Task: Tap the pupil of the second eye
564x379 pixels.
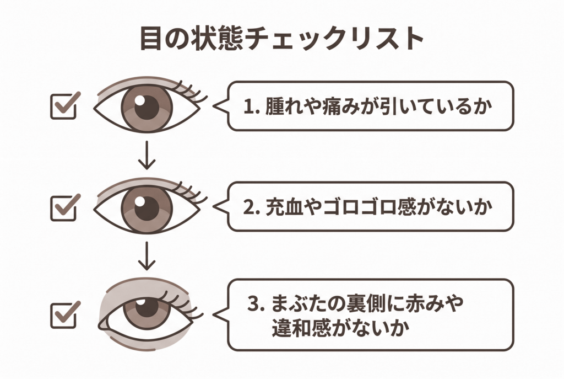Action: (147, 208)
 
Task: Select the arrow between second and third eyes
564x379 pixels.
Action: (147, 255)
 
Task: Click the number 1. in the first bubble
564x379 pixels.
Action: (251, 106)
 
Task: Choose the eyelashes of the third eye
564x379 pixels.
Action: (182, 301)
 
